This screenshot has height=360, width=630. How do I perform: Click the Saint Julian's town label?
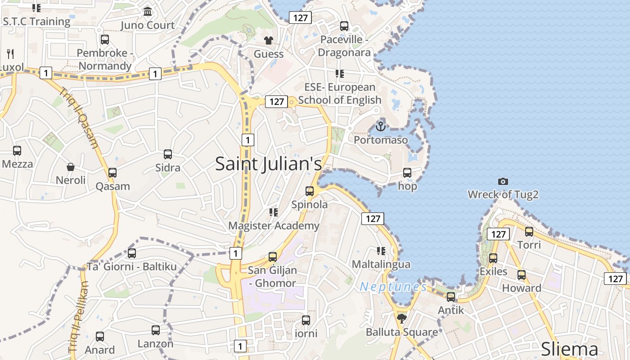pyautogui.click(x=269, y=163)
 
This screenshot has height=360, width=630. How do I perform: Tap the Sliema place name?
pyautogui.click(x=569, y=349)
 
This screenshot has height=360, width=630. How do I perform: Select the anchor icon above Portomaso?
pyautogui.click(x=381, y=126)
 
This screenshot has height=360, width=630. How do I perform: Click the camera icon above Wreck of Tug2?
pyautogui.click(x=503, y=181)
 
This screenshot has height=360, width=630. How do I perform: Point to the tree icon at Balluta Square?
pyautogui.click(x=402, y=319)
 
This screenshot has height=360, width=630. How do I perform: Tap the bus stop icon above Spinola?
pyautogui.click(x=310, y=191)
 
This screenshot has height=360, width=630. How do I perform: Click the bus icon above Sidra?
pyautogui.click(x=168, y=154)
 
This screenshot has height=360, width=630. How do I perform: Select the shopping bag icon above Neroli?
pyautogui.click(x=71, y=167)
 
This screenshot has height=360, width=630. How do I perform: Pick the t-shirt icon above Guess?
pyautogui.click(x=269, y=40)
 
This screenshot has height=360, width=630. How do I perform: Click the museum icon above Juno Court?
pyautogui.click(x=148, y=11)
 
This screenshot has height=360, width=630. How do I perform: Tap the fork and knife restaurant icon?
pyautogui.click(x=10, y=54)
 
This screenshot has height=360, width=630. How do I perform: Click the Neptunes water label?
pyautogui.click(x=393, y=287)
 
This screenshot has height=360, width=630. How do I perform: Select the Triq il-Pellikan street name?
pyautogui.click(x=78, y=317)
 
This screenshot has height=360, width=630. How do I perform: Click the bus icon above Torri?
pyautogui.click(x=529, y=232)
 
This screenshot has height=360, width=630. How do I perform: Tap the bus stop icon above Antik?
pyautogui.click(x=451, y=297)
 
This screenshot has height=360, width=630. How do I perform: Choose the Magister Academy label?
pyautogui.click(x=274, y=225)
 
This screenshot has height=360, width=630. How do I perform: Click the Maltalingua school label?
pyautogui.click(x=381, y=264)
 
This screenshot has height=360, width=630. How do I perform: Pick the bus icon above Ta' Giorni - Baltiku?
pyautogui.click(x=132, y=253)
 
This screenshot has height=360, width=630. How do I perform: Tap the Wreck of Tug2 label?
pyautogui.click(x=503, y=194)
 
